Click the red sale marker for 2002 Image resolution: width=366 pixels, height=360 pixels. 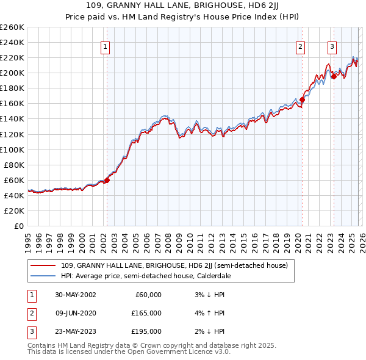[107, 180]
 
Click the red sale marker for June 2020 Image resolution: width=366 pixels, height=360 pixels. [302, 99]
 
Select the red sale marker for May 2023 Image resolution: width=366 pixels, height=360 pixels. [334, 77]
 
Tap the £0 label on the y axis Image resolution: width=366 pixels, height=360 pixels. [18, 226]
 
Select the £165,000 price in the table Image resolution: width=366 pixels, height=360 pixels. [146, 313]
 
